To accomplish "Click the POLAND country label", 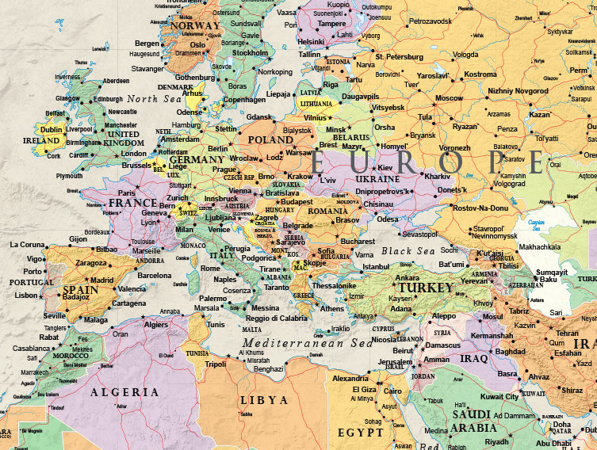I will [x=270, y=139].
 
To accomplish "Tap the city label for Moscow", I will [x=449, y=98].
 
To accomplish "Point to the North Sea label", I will [x=155, y=98].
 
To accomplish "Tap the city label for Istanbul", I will [x=376, y=267].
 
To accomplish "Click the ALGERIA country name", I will [x=124, y=392].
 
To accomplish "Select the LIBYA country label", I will [x=264, y=400].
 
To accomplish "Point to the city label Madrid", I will [x=101, y=280].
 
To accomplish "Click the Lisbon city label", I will [x=26, y=296].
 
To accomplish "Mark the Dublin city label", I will [x=51, y=129].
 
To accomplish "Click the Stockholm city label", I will [x=251, y=53].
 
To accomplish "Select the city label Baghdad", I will [x=510, y=352].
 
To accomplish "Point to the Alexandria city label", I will [x=350, y=379].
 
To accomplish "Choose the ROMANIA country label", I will [x=328, y=212].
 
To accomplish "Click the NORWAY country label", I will [x=195, y=25].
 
